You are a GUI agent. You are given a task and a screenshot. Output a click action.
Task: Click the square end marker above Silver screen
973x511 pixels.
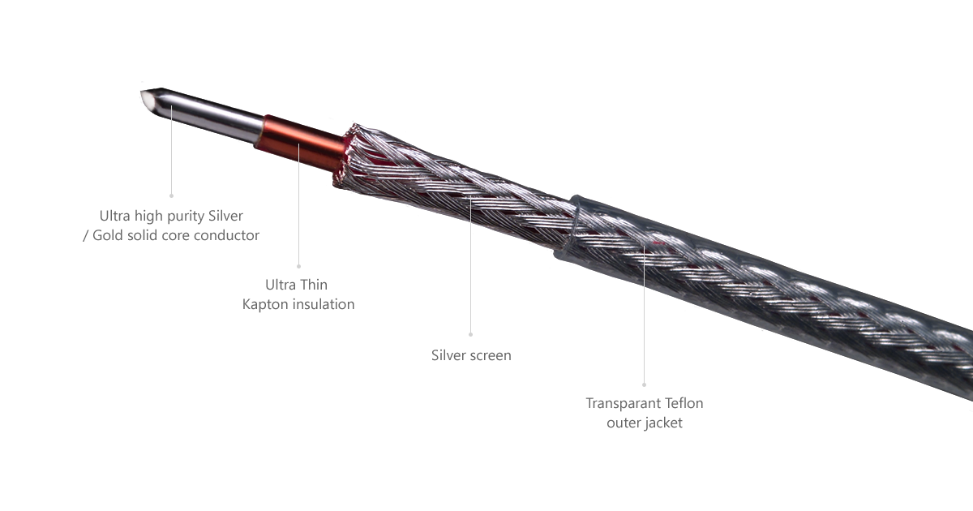point(470,333)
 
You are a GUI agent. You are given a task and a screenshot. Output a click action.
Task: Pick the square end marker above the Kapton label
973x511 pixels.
point(298,265)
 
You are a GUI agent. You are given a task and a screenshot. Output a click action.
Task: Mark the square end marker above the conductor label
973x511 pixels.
point(170,195)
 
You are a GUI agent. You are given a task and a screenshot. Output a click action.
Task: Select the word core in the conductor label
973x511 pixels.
point(174,235)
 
